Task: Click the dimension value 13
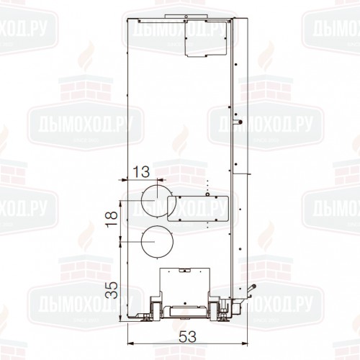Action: click(141, 171)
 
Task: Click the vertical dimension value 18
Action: click(112, 218)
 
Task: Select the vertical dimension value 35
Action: click(112, 290)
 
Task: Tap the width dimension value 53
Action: click(187, 336)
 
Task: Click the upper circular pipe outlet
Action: click(142, 201)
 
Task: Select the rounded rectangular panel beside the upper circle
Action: click(198, 208)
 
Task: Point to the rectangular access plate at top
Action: click(207, 38)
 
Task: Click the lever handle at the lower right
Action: click(252, 288)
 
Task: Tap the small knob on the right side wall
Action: click(238, 122)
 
